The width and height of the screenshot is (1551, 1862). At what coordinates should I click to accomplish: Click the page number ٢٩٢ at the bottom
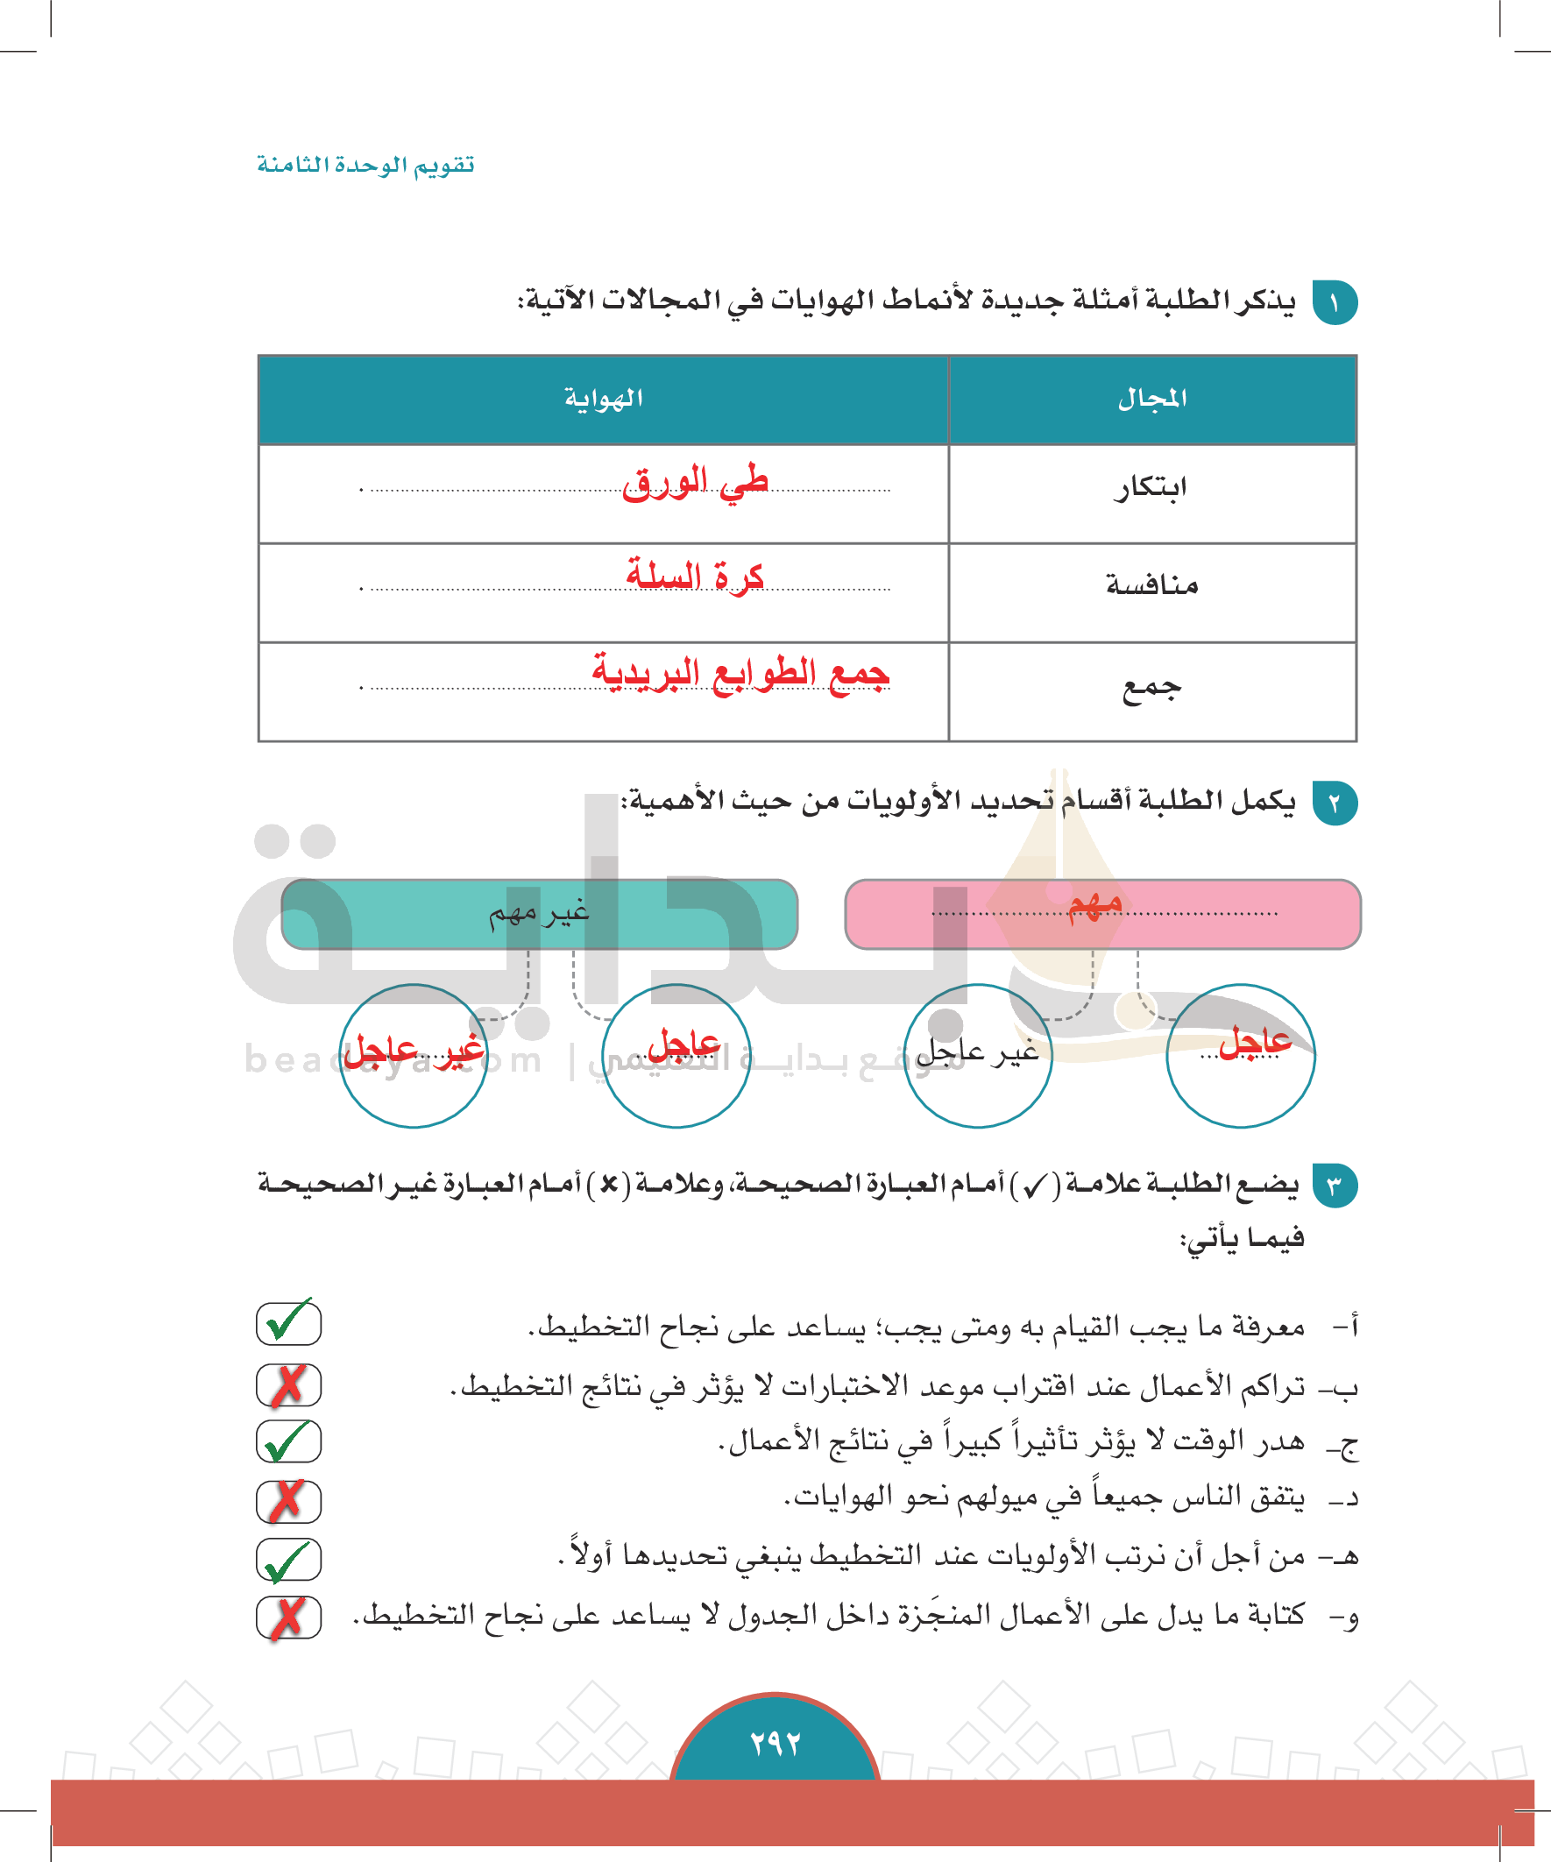coord(775,1743)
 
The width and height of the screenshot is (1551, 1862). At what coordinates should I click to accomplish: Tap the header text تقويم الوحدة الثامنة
coord(365,165)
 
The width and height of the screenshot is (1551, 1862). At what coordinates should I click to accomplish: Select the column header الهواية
coord(603,399)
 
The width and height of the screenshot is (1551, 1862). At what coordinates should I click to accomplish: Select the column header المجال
coord(1152,399)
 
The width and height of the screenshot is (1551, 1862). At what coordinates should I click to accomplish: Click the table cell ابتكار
coord(1151,488)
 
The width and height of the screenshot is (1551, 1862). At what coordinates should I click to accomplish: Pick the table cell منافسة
coord(1152,585)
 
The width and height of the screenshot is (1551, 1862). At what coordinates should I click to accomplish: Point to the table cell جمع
coord(1152,687)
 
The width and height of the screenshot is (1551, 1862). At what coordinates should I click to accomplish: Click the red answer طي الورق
coord(694,483)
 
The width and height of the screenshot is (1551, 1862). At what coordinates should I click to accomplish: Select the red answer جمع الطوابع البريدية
coord(740,672)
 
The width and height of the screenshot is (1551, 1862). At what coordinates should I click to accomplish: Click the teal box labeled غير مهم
coord(539,913)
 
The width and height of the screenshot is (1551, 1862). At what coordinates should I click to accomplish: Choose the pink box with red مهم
coord(1102,913)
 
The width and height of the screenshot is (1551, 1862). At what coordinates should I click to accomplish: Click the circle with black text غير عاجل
coord(977,1055)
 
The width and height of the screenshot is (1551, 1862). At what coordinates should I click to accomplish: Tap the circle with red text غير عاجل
coord(414,1055)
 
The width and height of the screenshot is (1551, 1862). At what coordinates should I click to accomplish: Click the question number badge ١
coord(1335,303)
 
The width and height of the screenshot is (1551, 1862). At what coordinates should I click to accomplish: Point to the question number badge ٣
coord(1335,1186)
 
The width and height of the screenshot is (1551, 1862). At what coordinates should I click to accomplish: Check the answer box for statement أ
coord(288,1323)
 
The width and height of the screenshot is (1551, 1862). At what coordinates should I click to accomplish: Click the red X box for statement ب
coord(288,1385)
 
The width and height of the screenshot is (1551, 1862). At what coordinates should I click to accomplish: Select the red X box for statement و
coord(288,1618)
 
